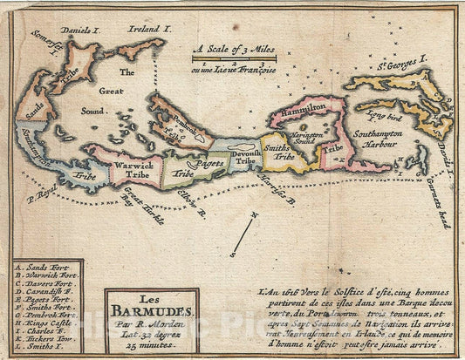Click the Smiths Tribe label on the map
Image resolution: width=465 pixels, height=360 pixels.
pyautogui.click(x=280, y=153)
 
